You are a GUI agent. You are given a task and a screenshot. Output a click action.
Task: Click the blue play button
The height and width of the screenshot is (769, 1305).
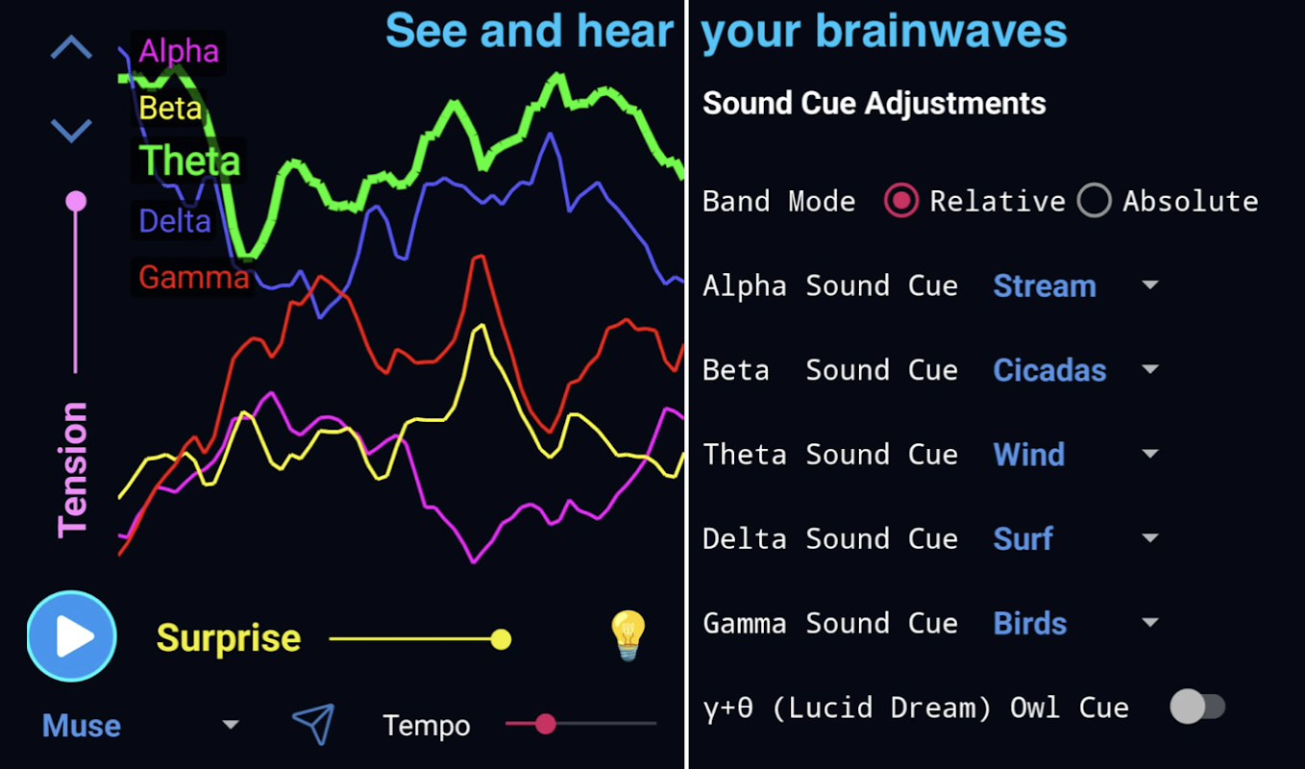72,636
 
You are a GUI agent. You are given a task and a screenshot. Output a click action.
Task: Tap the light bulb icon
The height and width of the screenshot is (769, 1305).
628,636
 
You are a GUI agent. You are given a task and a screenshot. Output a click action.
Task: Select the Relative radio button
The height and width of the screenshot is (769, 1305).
901,200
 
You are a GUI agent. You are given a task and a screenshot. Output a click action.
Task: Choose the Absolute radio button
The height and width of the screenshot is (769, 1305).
1095,200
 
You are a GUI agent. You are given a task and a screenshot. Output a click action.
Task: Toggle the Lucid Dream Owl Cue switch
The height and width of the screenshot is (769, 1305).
1197,707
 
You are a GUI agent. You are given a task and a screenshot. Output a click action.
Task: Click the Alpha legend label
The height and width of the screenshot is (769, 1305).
179,51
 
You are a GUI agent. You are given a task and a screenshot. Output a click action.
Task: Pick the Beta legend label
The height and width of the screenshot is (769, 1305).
170,108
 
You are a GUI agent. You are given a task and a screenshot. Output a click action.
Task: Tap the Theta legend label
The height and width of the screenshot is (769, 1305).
189,161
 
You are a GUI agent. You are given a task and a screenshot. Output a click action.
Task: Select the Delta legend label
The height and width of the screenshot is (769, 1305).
174,221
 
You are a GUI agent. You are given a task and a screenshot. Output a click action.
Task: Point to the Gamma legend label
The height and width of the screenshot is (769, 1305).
194,277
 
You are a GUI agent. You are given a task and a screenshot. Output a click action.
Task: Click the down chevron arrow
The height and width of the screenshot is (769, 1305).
71,131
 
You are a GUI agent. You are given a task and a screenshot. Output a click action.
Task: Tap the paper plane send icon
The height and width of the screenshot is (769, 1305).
314,724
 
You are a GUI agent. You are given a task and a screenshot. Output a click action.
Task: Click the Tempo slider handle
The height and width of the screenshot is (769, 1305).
546,724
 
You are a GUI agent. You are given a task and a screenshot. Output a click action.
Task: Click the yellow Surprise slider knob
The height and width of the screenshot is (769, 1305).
501,639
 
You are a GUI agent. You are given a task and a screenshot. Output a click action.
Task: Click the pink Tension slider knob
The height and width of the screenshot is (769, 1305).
76,202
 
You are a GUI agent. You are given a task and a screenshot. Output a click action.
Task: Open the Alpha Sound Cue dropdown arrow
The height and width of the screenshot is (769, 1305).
1150,285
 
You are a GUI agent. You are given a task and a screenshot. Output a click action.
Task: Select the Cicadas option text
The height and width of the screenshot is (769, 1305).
1049,370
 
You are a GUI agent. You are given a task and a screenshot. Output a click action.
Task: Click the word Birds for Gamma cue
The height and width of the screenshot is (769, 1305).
1030,623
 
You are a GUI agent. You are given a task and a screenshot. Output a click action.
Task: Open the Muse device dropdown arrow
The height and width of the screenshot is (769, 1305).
231,724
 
